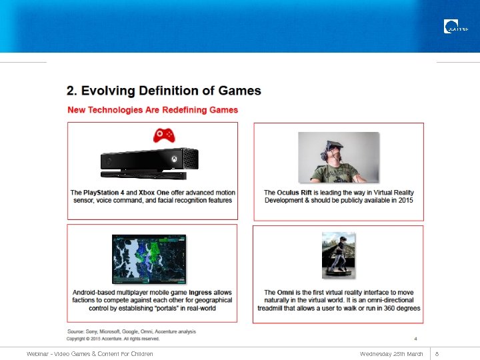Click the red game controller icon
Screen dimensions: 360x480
[x=163, y=135]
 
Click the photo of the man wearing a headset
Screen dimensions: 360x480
[x=338, y=157]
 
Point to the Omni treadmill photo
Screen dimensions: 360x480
[x=338, y=255]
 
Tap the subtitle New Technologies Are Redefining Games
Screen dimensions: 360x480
[x=153, y=109]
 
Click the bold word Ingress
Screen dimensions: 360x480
[x=200, y=293]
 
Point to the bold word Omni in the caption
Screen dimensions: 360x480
[x=285, y=293]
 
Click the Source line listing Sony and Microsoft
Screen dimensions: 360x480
[x=131, y=331]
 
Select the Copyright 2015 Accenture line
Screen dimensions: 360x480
[x=113, y=339]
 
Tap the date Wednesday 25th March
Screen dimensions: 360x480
[x=391, y=353]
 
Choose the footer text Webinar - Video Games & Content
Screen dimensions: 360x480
[x=90, y=353]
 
